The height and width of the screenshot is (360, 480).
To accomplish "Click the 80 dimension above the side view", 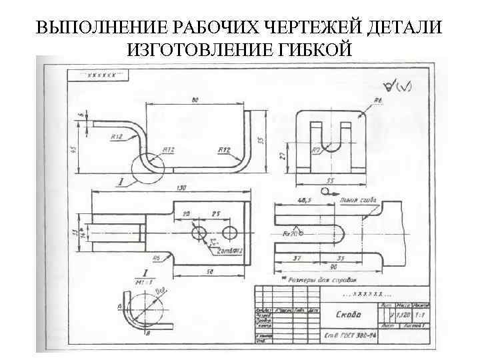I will [x=195, y=100].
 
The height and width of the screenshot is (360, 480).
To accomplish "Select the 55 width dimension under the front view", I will [x=329, y=181].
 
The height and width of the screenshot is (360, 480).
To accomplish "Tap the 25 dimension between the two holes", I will [x=215, y=214].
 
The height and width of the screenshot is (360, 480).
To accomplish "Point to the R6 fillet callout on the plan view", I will [x=156, y=257].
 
